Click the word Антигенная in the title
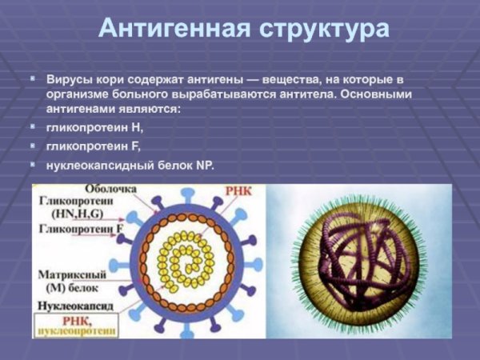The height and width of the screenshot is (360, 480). [x=171, y=29]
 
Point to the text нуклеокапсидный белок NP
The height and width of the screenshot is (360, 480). [x=130, y=166]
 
